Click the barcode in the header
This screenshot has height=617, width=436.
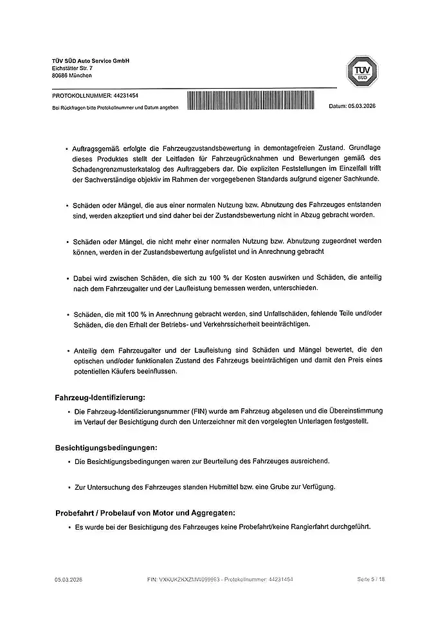pos(253,101)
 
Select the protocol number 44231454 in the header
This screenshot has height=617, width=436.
pos(124,95)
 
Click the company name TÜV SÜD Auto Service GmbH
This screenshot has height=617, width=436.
pos(91,60)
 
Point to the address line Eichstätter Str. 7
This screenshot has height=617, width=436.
pos(72,67)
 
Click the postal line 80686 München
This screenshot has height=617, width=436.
pos(72,75)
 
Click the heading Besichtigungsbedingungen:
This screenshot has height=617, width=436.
pos(106,447)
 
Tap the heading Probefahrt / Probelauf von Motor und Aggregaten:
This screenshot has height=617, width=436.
pos(145,512)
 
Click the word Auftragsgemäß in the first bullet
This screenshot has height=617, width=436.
pos(97,148)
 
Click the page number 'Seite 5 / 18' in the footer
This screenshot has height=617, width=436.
pos(371,579)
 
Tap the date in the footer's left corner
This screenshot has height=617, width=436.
pos(68,579)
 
